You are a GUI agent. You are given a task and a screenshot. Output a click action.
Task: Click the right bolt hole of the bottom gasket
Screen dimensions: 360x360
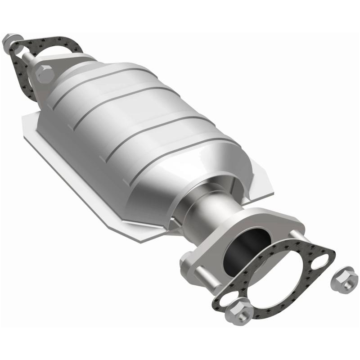(x=322, y=260)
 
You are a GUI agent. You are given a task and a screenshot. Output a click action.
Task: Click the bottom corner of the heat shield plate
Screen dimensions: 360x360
(x=139, y=238)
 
